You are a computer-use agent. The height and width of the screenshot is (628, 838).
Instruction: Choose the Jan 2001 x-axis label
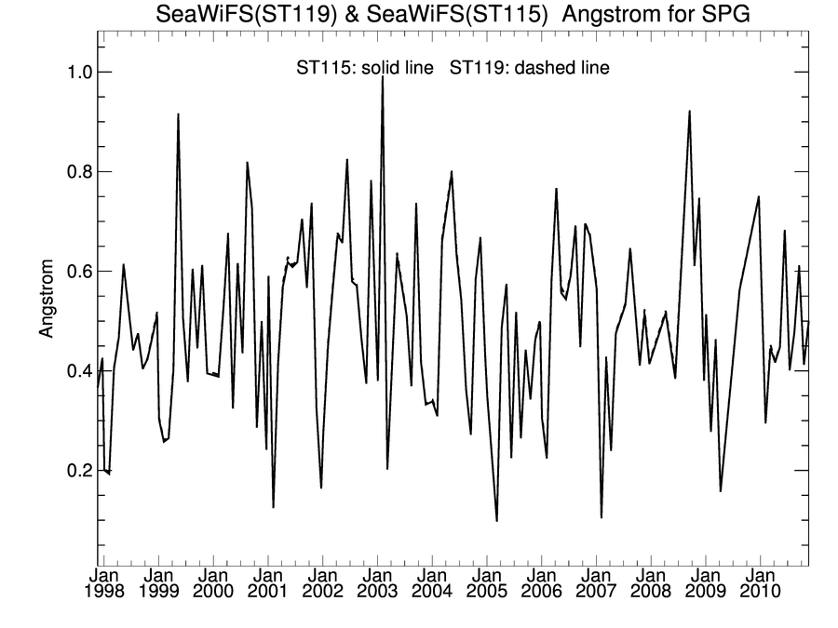(x=267, y=582)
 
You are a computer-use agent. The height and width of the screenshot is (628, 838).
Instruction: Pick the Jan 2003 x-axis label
(x=377, y=582)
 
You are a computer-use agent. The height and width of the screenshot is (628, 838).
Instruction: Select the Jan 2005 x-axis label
(x=486, y=582)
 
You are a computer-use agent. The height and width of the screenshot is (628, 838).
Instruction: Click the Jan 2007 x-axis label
(x=596, y=582)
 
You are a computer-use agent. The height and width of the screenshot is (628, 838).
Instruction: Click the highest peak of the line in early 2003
(x=383, y=77)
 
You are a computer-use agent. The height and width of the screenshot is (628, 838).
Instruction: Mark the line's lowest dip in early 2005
(x=497, y=520)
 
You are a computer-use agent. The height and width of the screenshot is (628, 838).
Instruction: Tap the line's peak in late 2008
(x=689, y=112)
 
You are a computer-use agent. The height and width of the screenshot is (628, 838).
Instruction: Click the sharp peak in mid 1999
(x=178, y=114)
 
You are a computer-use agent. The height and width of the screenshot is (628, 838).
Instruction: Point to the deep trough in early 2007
(x=601, y=517)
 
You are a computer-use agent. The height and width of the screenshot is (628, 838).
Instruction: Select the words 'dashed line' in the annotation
(x=570, y=68)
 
